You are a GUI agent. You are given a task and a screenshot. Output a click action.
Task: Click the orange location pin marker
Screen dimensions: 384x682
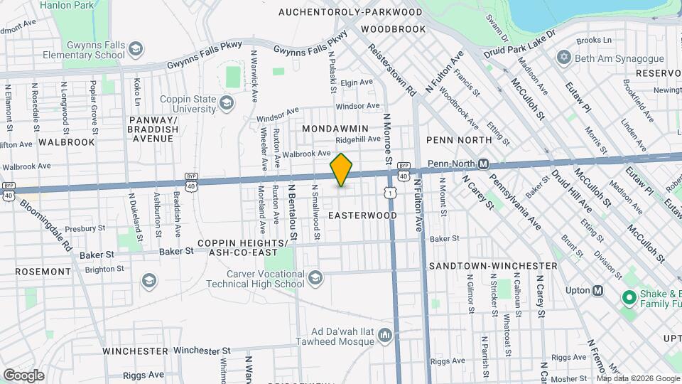click(x=342, y=170)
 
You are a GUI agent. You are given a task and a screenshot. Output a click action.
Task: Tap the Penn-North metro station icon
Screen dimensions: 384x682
click(x=483, y=164)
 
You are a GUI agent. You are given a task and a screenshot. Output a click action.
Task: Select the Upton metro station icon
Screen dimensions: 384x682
click(x=598, y=290)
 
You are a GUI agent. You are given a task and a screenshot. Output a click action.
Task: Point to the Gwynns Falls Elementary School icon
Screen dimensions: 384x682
click(x=135, y=49)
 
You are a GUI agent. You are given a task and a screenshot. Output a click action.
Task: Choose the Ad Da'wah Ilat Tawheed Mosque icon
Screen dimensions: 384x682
click(x=384, y=334)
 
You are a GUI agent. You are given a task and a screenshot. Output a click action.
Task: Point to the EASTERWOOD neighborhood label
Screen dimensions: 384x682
click(x=363, y=215)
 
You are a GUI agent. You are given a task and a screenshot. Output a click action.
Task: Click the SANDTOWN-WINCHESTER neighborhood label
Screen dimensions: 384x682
click(x=483, y=265)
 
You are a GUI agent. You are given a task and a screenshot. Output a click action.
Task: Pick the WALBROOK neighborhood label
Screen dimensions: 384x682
click(x=66, y=142)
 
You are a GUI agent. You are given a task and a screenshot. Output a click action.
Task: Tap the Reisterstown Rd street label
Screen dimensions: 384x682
click(x=392, y=70)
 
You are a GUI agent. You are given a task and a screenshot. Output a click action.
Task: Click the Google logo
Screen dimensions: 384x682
click(x=23, y=375)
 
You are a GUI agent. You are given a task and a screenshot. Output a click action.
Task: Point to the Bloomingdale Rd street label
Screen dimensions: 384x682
click(x=46, y=224)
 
